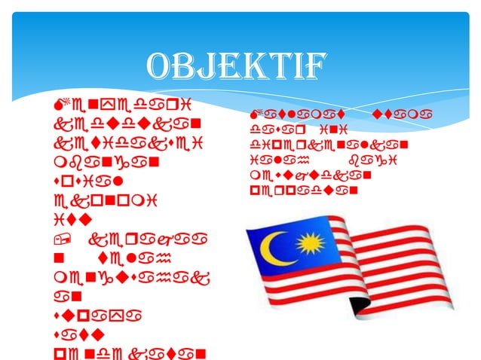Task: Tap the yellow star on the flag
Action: pos(309,244)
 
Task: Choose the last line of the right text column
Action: pos(301,191)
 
